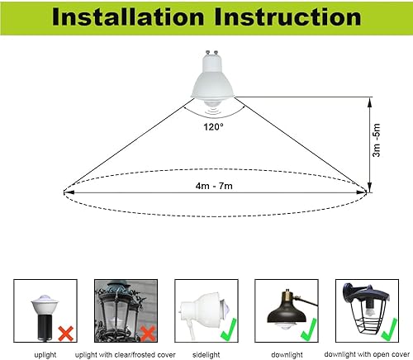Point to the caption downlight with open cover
[x=365, y=351]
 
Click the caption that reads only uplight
[x=45, y=351]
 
